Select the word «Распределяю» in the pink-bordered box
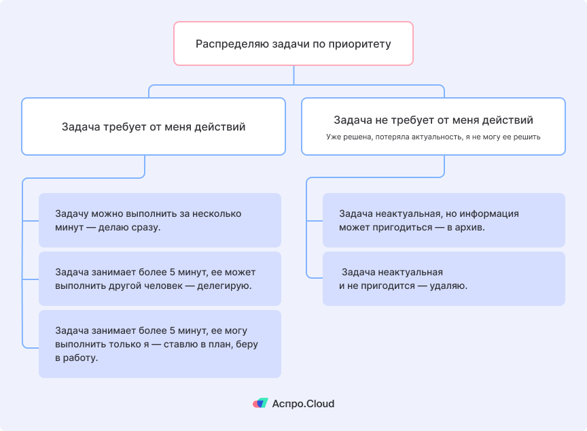tap(231, 44)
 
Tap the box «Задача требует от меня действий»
tap(154, 126)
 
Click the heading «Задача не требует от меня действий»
tap(433, 120)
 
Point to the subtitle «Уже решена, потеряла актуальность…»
tap(433, 137)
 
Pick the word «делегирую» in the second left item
tap(224, 286)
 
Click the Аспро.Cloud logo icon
tap(260, 403)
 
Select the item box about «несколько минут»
tap(160, 220)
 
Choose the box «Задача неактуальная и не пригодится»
tap(444, 279)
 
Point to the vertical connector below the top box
tap(293, 75)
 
